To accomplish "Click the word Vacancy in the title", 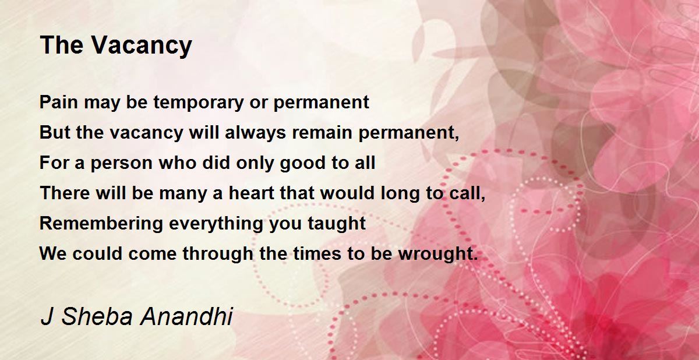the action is click(x=142, y=46).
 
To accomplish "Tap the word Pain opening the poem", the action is click(x=59, y=102).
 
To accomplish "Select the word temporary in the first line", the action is click(x=198, y=103).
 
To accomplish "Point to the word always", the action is click(x=255, y=133).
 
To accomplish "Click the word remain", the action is click(x=322, y=132).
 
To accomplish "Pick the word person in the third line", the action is click(x=122, y=164).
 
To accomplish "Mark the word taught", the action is click(x=337, y=223).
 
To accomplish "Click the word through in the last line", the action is click(x=218, y=253).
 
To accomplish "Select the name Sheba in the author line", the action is click(x=97, y=316).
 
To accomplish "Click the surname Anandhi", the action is click(x=186, y=316).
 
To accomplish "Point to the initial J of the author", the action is click(x=47, y=316).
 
